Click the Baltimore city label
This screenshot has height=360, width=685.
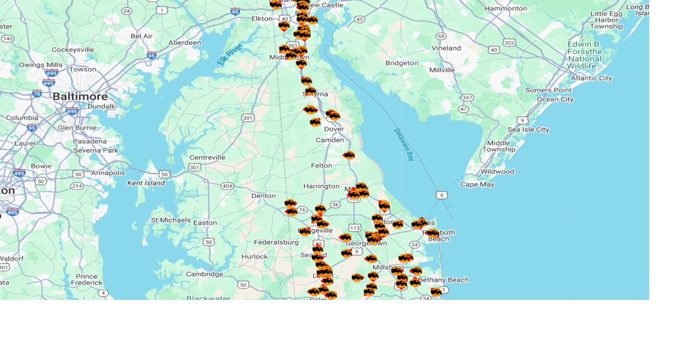tap(80, 96)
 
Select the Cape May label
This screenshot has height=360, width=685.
tap(477, 184)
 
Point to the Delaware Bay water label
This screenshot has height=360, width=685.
tap(404, 145)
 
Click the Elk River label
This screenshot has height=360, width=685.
tap(229, 54)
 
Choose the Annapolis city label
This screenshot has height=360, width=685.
tap(108, 173)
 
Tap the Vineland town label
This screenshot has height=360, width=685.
tap(446, 48)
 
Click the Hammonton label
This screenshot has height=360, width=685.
tap(505, 9)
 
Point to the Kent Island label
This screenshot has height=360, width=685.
tap(146, 183)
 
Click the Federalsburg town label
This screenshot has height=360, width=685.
tap(276, 242)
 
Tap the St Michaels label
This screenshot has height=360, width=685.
tap(170, 220)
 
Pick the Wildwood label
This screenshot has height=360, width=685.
tap(497, 172)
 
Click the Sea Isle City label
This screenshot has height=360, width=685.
tap(528, 129)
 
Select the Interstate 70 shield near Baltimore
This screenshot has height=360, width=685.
tap(37, 93)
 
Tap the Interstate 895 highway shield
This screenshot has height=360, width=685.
tap(72, 112)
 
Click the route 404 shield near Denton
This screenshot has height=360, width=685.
tap(227, 186)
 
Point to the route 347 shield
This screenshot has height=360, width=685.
tap(467, 98)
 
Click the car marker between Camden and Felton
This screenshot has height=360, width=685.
tap(349, 155)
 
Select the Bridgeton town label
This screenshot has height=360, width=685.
tap(401, 63)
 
